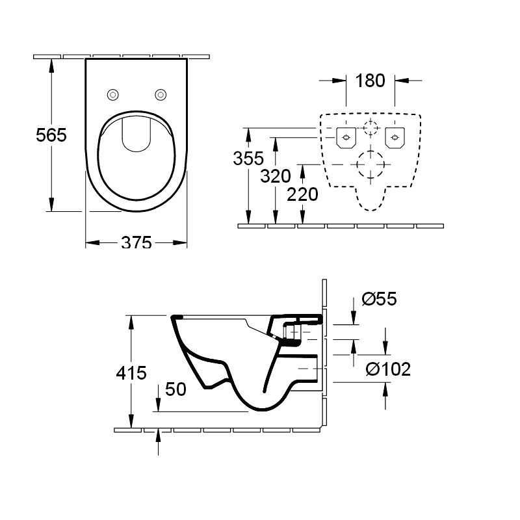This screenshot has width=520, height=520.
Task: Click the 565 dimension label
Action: click(51, 135)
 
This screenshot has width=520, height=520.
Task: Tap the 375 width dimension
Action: click(136, 242)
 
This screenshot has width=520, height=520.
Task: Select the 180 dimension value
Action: click(370, 81)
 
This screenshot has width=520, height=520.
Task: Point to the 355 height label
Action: click(248, 158)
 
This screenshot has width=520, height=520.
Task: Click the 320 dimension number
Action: click(276, 176)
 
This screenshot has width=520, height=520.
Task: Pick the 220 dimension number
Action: click(302, 194)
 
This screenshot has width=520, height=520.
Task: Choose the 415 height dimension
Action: click(131, 373)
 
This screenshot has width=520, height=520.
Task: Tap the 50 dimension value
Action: click(175, 389)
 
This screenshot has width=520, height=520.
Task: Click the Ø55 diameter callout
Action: click(380, 299)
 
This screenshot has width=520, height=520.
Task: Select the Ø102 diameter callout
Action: click(388, 369)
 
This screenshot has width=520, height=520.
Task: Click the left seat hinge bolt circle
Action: click(112, 95)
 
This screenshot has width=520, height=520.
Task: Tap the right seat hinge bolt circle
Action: click(161, 95)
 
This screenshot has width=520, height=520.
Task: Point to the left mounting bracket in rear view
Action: click(346, 138)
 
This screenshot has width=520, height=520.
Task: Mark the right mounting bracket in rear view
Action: click(395, 138)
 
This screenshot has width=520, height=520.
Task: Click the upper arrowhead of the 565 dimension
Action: click(51, 66)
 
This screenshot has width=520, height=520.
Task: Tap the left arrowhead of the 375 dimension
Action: click(92, 242)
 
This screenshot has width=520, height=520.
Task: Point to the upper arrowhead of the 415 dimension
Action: click(131, 322)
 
